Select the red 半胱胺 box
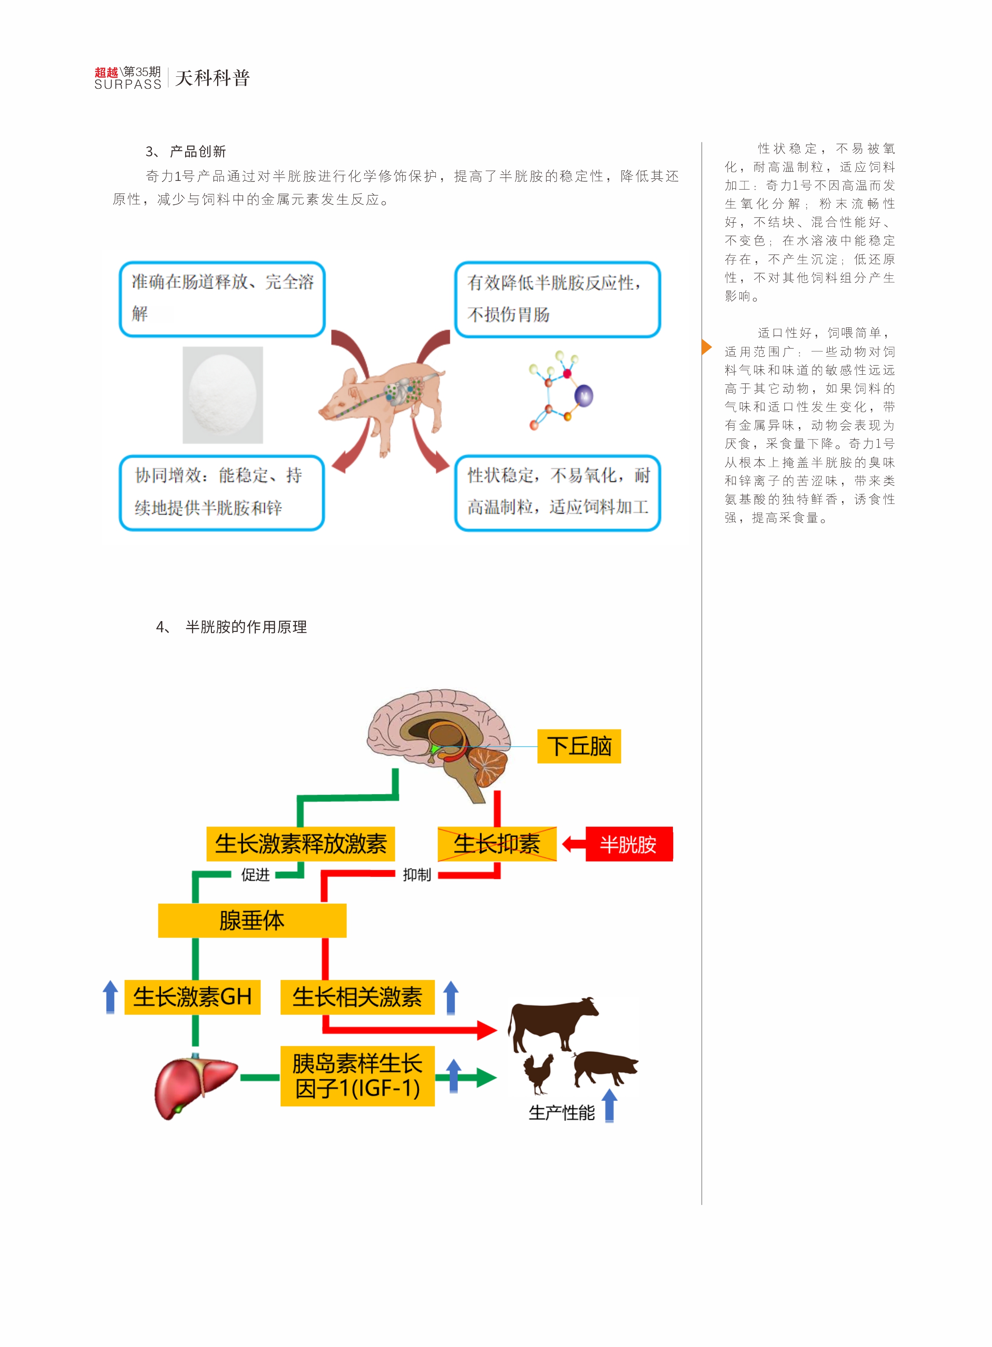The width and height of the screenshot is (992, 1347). [629, 844]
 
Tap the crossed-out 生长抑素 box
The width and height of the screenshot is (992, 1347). [497, 844]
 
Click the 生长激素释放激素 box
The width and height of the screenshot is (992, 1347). [300, 844]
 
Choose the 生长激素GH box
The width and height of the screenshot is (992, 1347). [192, 997]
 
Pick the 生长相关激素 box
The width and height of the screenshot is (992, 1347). [357, 997]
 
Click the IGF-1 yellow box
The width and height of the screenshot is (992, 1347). [357, 1076]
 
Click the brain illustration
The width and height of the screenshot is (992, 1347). [441, 739]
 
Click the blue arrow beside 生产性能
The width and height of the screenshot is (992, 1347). [609, 1105]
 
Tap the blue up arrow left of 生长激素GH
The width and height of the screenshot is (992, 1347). [110, 997]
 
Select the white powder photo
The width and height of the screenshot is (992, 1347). [222, 395]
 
